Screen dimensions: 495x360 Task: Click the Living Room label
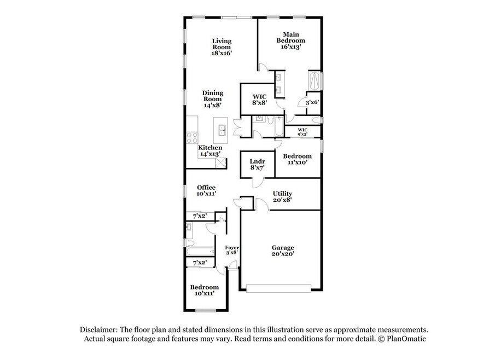(222, 47)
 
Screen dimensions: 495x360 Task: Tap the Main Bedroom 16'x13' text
(291, 40)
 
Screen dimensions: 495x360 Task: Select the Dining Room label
(213, 99)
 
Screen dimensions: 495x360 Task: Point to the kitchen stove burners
(192, 138)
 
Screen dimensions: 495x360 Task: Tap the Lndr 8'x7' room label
(257, 165)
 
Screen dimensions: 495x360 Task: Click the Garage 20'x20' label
(283, 251)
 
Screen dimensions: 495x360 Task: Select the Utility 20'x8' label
(283, 196)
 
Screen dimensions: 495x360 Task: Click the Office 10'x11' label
(206, 190)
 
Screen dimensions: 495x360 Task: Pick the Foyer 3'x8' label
(232, 250)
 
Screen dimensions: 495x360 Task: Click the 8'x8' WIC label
(259, 100)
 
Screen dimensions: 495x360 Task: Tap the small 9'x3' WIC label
(302, 132)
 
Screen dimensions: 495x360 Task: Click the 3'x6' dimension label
(312, 102)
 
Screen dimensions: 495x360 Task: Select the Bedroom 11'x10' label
(297, 159)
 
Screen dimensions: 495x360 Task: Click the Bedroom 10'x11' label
(204, 290)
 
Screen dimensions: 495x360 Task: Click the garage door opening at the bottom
(279, 288)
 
